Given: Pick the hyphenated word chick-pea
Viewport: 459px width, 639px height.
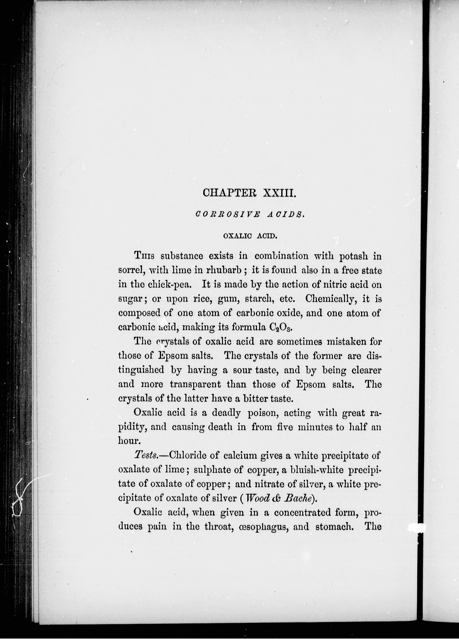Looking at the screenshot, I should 170,285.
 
